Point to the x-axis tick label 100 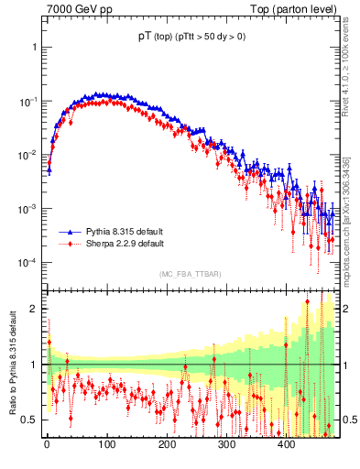point(107,445)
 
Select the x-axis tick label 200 point(167,445)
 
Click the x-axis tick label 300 point(226,445)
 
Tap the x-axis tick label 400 point(286,445)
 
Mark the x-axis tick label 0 point(48,445)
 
